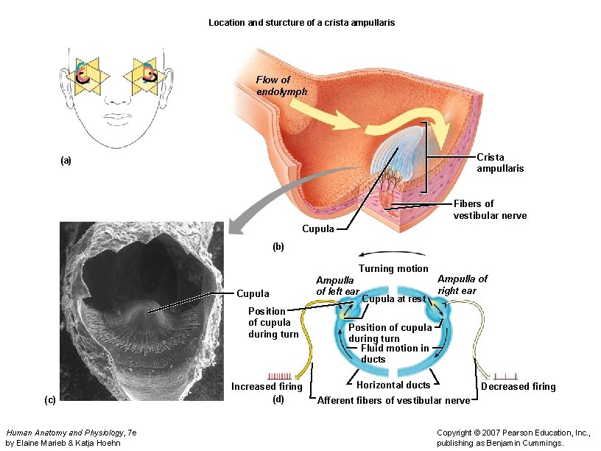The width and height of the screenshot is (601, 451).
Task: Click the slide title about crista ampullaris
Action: [301, 23]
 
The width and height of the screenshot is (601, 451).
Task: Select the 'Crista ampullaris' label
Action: [500, 163]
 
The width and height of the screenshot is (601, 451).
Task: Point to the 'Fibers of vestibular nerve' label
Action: [490, 209]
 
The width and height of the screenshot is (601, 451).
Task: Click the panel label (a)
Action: [66, 160]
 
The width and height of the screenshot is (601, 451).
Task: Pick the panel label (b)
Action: [278, 247]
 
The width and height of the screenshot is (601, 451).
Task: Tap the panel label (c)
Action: [49, 399]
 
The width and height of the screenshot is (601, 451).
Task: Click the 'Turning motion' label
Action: [393, 268]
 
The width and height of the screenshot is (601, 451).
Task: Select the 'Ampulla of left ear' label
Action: [337, 286]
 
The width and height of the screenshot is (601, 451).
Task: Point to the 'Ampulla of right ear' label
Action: [462, 284]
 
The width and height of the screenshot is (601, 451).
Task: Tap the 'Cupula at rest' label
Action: [394, 299]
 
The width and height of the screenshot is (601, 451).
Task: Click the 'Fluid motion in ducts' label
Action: [394, 354]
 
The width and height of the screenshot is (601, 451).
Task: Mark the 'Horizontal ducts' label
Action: [393, 385]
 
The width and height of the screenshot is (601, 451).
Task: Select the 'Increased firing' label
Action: [266, 386]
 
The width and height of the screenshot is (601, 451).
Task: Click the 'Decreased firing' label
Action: [518, 386]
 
